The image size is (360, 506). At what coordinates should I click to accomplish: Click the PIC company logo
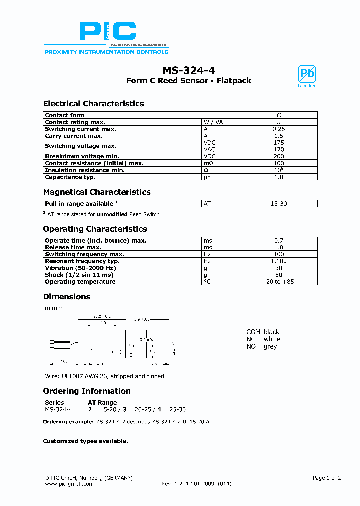pyautogui.click(x=107, y=33)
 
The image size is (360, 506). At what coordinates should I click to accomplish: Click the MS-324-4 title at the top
pyautogui.click(x=188, y=70)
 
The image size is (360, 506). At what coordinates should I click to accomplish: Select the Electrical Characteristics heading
pyautogui.click(x=93, y=104)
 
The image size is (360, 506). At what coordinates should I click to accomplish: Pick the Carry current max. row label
pyautogui.click(x=74, y=136)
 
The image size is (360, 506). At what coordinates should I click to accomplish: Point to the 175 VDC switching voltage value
pyautogui.click(x=279, y=143)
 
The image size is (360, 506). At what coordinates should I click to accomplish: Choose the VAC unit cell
pyautogui.click(x=210, y=149)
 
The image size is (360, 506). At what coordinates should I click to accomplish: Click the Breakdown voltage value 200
pyautogui.click(x=279, y=156)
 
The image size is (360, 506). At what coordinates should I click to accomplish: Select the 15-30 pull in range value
pyautogui.click(x=279, y=204)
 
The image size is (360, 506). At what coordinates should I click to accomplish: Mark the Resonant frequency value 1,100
pyautogui.click(x=279, y=261)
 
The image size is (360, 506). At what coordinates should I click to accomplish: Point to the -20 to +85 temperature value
pyautogui.click(x=279, y=282)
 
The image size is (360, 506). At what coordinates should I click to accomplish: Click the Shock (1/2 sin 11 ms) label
pyautogui.click(x=79, y=275)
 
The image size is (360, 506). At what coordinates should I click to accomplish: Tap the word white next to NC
pyautogui.click(x=272, y=339)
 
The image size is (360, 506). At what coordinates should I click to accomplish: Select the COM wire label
pyautogui.click(x=253, y=332)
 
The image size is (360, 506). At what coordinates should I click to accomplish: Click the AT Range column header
pyautogui.click(x=102, y=402)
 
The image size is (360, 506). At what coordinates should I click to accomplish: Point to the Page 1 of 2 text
pyautogui.click(x=326, y=478)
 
